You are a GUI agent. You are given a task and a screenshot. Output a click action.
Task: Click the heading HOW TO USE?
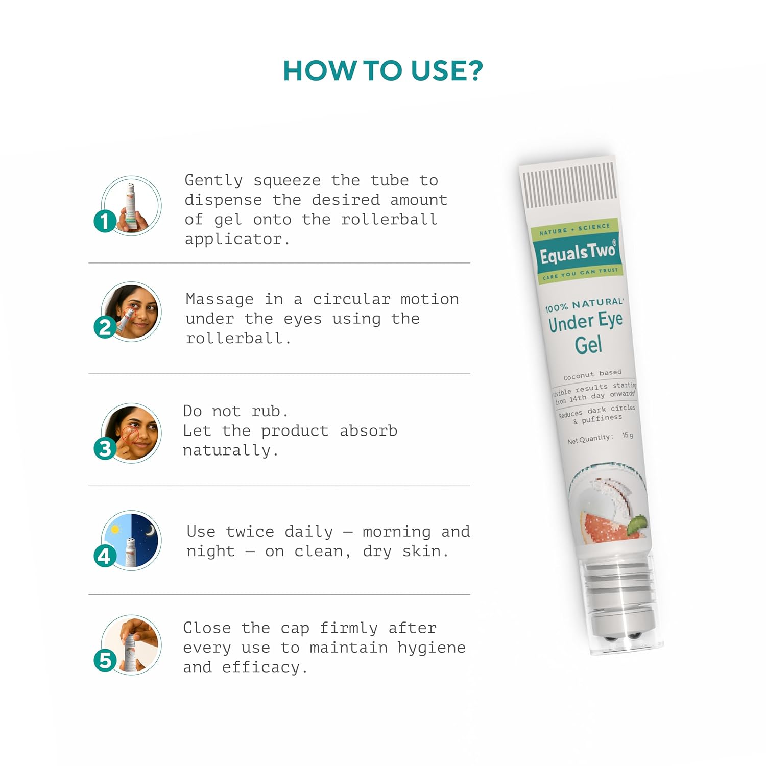383,70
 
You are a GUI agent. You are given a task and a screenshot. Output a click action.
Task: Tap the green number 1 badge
105,221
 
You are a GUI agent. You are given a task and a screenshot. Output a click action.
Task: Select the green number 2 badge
105,327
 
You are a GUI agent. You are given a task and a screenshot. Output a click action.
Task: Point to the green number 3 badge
105,448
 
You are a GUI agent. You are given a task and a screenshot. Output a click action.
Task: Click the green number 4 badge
105,556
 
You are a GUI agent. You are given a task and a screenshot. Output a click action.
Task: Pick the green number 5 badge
105,660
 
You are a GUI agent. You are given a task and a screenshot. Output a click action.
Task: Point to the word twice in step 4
250,532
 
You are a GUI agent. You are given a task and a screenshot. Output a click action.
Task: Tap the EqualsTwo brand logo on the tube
579,252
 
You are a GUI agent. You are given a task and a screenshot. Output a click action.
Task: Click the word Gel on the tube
588,345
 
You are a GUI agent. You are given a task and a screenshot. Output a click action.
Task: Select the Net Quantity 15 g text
601,438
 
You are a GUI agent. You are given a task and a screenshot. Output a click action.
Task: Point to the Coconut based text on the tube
592,374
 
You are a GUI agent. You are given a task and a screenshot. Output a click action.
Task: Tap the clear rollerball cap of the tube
621,603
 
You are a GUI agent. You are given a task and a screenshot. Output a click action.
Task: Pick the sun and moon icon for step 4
131,540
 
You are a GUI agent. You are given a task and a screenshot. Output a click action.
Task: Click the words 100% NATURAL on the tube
584,305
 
